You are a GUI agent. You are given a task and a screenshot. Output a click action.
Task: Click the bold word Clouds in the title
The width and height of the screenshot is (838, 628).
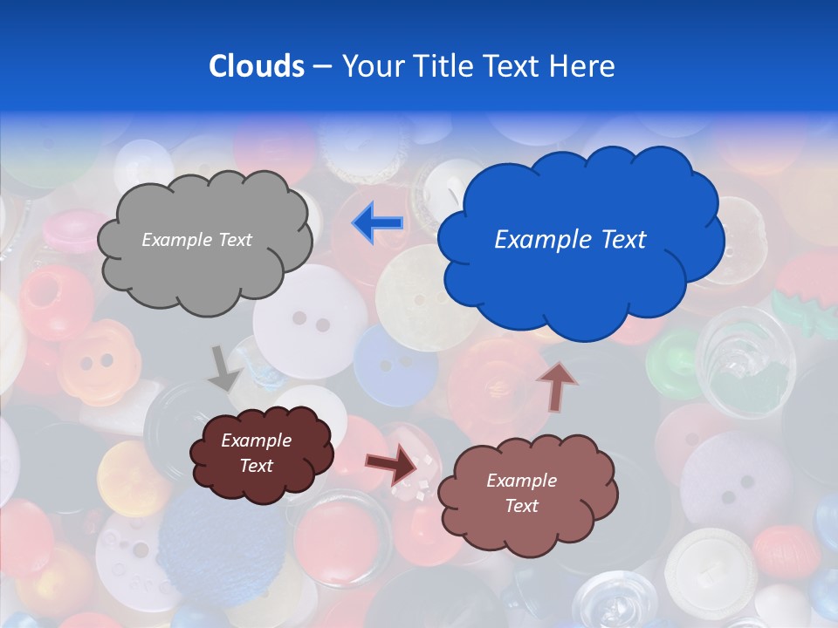coord(257,66)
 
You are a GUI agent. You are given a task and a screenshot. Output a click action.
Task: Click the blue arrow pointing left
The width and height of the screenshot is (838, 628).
coord(378,223)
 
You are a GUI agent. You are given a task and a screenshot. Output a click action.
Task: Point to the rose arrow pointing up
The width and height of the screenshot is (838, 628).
coord(556,385)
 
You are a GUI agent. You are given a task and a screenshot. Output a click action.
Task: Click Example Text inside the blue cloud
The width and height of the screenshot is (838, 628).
coord(570,240)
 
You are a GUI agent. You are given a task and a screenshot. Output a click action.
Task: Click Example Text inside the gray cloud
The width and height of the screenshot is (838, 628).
coord(197,240)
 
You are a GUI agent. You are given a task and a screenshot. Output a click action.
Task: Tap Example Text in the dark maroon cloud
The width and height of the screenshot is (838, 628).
coord(257,453)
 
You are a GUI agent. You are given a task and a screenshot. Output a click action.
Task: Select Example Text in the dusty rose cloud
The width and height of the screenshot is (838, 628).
coord(522,493)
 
